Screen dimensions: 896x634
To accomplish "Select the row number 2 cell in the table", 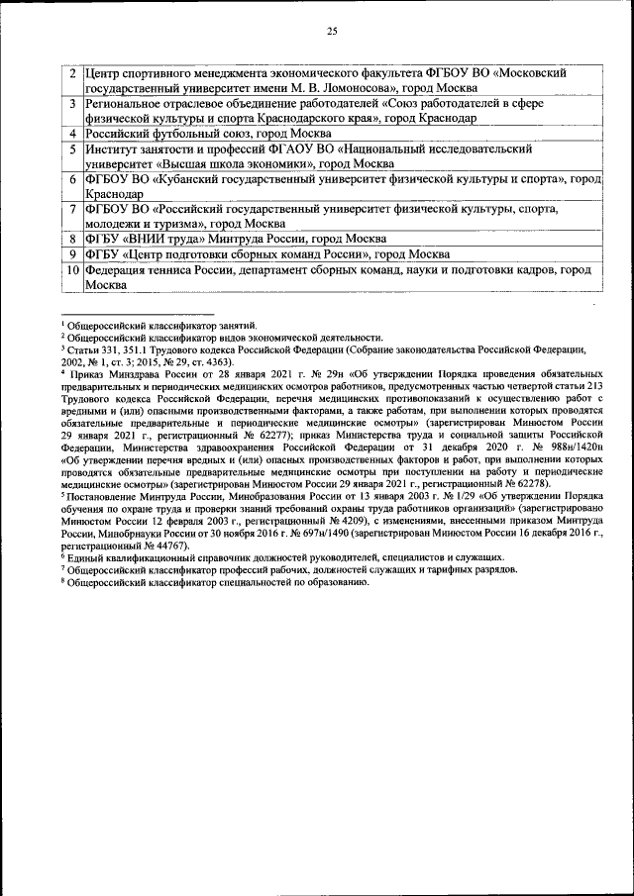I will pyautogui.click(x=73, y=73).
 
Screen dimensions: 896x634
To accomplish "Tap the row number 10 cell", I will pyautogui.click(x=72, y=269).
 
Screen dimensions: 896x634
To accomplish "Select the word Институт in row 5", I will pyautogui.click(x=112, y=148).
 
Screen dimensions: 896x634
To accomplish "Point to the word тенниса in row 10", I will pyautogui.click(x=177, y=269).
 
